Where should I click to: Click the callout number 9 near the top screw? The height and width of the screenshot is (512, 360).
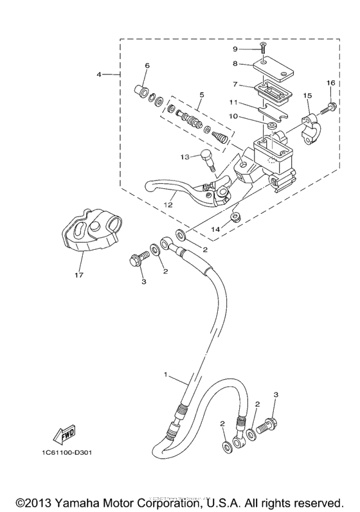pyautogui.click(x=235, y=49)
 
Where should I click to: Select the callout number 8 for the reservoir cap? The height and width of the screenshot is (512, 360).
pyautogui.click(x=235, y=64)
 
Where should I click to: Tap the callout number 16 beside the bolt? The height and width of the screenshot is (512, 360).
pyautogui.click(x=330, y=83)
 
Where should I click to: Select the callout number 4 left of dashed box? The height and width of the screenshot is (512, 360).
pyautogui.click(x=100, y=75)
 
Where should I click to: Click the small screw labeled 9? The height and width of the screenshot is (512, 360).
pyautogui.click(x=263, y=46)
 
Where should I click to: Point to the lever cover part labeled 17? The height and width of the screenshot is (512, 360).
pyautogui.click(x=89, y=233)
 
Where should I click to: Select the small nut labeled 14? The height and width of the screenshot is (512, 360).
pyautogui.click(x=236, y=216)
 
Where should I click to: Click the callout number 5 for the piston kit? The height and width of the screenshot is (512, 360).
pyautogui.click(x=201, y=94)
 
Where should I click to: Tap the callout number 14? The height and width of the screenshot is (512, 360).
pyautogui.click(x=215, y=229)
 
